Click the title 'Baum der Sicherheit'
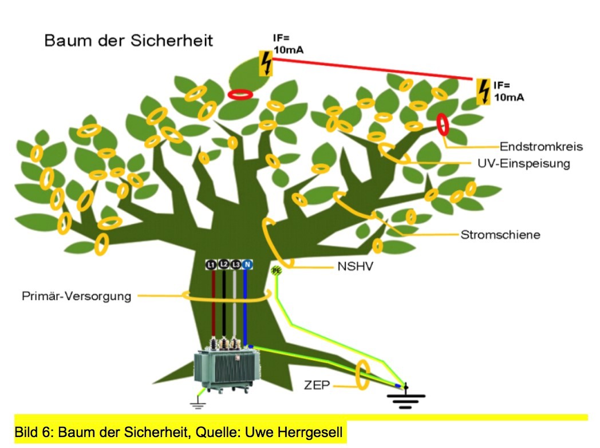(128, 41)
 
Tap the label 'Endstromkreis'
(540, 146)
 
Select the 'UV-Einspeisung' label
(523, 163)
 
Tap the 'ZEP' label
(317, 385)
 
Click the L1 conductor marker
(212, 264)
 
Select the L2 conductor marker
(223, 264)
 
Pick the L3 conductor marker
(235, 264)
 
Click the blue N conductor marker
(247, 264)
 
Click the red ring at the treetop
(240, 94)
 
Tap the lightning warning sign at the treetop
(266, 64)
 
